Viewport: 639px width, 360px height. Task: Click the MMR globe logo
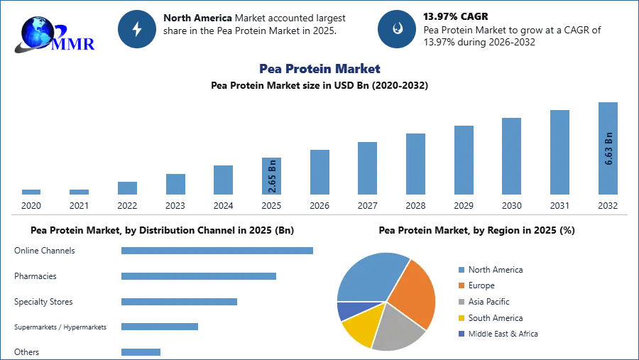50,34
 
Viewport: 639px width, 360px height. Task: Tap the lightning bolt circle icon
137,29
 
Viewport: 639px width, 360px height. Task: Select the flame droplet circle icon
397,29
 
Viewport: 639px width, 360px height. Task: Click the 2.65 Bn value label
272,176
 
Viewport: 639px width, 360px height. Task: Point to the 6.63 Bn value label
608,148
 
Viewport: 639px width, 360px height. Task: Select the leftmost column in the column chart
31,192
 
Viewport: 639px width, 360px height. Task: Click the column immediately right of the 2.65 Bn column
318,173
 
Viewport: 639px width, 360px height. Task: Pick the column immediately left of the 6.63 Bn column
559,153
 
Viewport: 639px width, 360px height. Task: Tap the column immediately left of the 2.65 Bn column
222,181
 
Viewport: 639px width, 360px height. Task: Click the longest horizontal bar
218,250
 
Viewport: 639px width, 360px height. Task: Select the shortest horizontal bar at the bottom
141,351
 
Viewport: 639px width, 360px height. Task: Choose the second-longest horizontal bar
198,278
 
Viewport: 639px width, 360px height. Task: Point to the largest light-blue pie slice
369,277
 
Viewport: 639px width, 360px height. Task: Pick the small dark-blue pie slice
348,310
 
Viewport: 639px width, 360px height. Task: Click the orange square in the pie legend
460,285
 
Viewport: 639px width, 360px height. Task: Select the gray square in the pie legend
460,302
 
